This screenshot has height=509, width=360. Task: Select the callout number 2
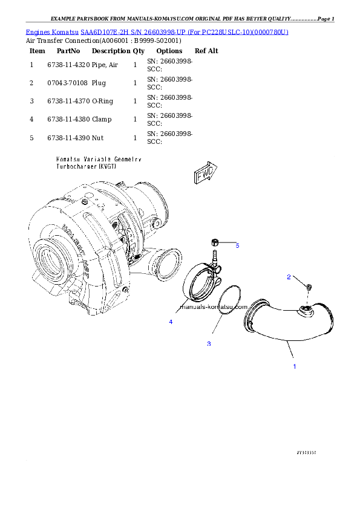[289, 277]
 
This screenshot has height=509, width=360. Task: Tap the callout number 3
[209, 344]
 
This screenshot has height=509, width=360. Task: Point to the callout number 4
[171, 322]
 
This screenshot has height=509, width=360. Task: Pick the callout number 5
[237, 245]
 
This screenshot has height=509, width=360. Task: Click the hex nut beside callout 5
[215, 243]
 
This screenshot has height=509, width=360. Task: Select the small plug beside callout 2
[308, 287]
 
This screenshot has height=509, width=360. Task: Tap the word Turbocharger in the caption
[71, 166]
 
